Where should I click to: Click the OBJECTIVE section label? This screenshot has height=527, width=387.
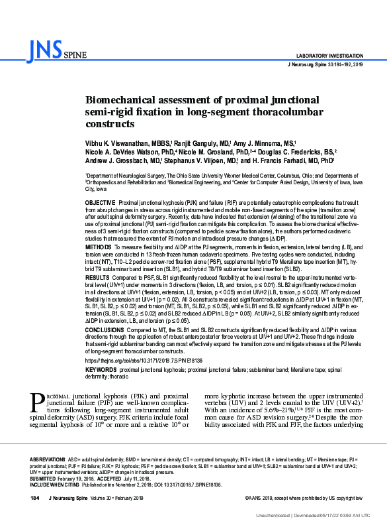tap(101, 201)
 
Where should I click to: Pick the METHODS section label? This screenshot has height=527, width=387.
tap(99, 246)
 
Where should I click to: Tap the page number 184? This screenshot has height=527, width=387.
tap(36, 498)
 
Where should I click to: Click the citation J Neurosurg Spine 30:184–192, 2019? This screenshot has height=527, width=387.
tap(325, 64)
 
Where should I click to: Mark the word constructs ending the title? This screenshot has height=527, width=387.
tap(110, 124)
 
